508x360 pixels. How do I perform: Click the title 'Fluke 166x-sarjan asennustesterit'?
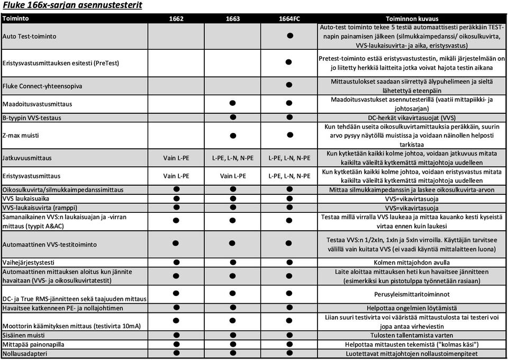pyautogui.click(x=72, y=6)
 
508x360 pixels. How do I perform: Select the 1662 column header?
pyautogui.click(x=176, y=19)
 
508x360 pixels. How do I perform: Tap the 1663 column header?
pyautogui.click(x=232, y=19)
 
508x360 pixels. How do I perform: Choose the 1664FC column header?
pyautogui.click(x=289, y=19)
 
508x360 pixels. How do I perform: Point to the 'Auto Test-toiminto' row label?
pyautogui.click(x=30, y=36)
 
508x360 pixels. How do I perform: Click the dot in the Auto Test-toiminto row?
pyautogui.click(x=289, y=36)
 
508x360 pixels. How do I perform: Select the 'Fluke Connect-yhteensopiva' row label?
pyautogui.click(x=42, y=86)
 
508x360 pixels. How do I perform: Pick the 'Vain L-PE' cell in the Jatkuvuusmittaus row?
pyautogui.click(x=176, y=158)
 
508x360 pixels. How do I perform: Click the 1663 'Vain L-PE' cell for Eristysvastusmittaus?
pyautogui.click(x=232, y=176)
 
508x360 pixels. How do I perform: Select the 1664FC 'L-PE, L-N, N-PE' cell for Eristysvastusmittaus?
pyautogui.click(x=289, y=176)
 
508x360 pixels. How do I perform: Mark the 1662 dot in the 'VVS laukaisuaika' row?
pyautogui.click(x=176, y=198)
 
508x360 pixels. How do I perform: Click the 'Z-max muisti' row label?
pyautogui.click(x=20, y=136)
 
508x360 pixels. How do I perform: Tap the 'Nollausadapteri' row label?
pyautogui.click(x=25, y=353)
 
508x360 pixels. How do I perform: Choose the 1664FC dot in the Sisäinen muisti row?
pyautogui.click(x=289, y=335)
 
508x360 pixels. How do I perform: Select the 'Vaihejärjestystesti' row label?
pyautogui.click(x=29, y=262)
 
